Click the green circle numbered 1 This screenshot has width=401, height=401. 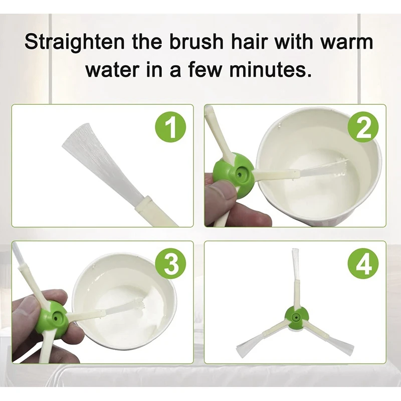pos(170,127)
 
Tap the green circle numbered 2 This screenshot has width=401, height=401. pos(363,127)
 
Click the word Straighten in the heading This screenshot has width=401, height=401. pos(75,42)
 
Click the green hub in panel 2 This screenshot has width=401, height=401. pos(234,174)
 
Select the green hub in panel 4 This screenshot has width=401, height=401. pos(297,317)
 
